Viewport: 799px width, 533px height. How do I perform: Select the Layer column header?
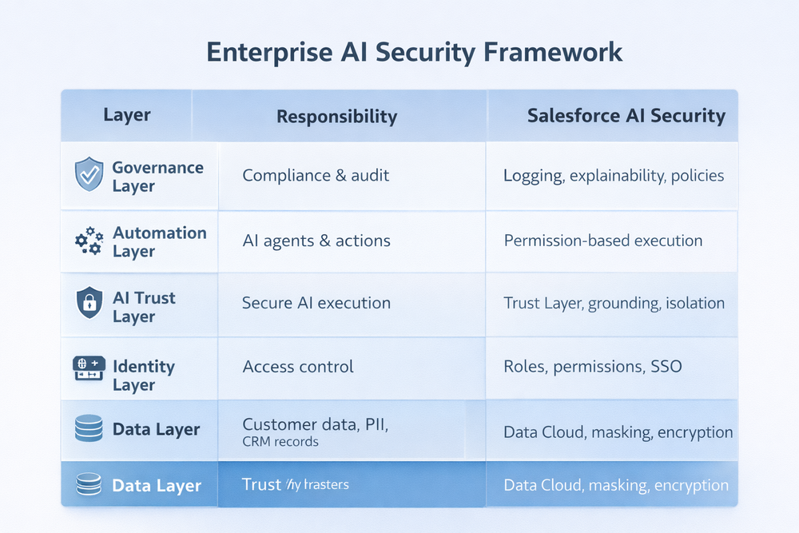point(126,115)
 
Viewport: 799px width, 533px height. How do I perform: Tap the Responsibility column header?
point(336,117)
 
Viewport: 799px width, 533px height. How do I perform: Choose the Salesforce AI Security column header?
point(626,116)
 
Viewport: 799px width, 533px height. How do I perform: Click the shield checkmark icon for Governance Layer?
point(88,174)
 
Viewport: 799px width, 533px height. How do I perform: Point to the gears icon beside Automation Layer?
point(88,241)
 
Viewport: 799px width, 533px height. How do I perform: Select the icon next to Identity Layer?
point(88,368)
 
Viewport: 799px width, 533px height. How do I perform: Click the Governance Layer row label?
point(157,177)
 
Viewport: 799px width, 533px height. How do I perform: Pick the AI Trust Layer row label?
point(144,307)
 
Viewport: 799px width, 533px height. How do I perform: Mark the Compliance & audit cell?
point(316,175)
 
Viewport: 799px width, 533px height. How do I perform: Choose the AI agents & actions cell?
point(316,241)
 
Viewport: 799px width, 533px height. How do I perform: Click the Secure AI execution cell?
point(316,304)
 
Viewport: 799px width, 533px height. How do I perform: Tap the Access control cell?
point(298,368)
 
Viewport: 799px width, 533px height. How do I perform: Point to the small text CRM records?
point(280,442)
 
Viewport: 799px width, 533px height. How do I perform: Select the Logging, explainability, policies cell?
point(614,176)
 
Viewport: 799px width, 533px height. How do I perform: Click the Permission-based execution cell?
point(603,241)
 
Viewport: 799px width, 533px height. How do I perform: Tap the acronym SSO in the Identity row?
point(666,368)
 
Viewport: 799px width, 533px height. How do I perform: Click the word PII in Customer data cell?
point(373,425)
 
